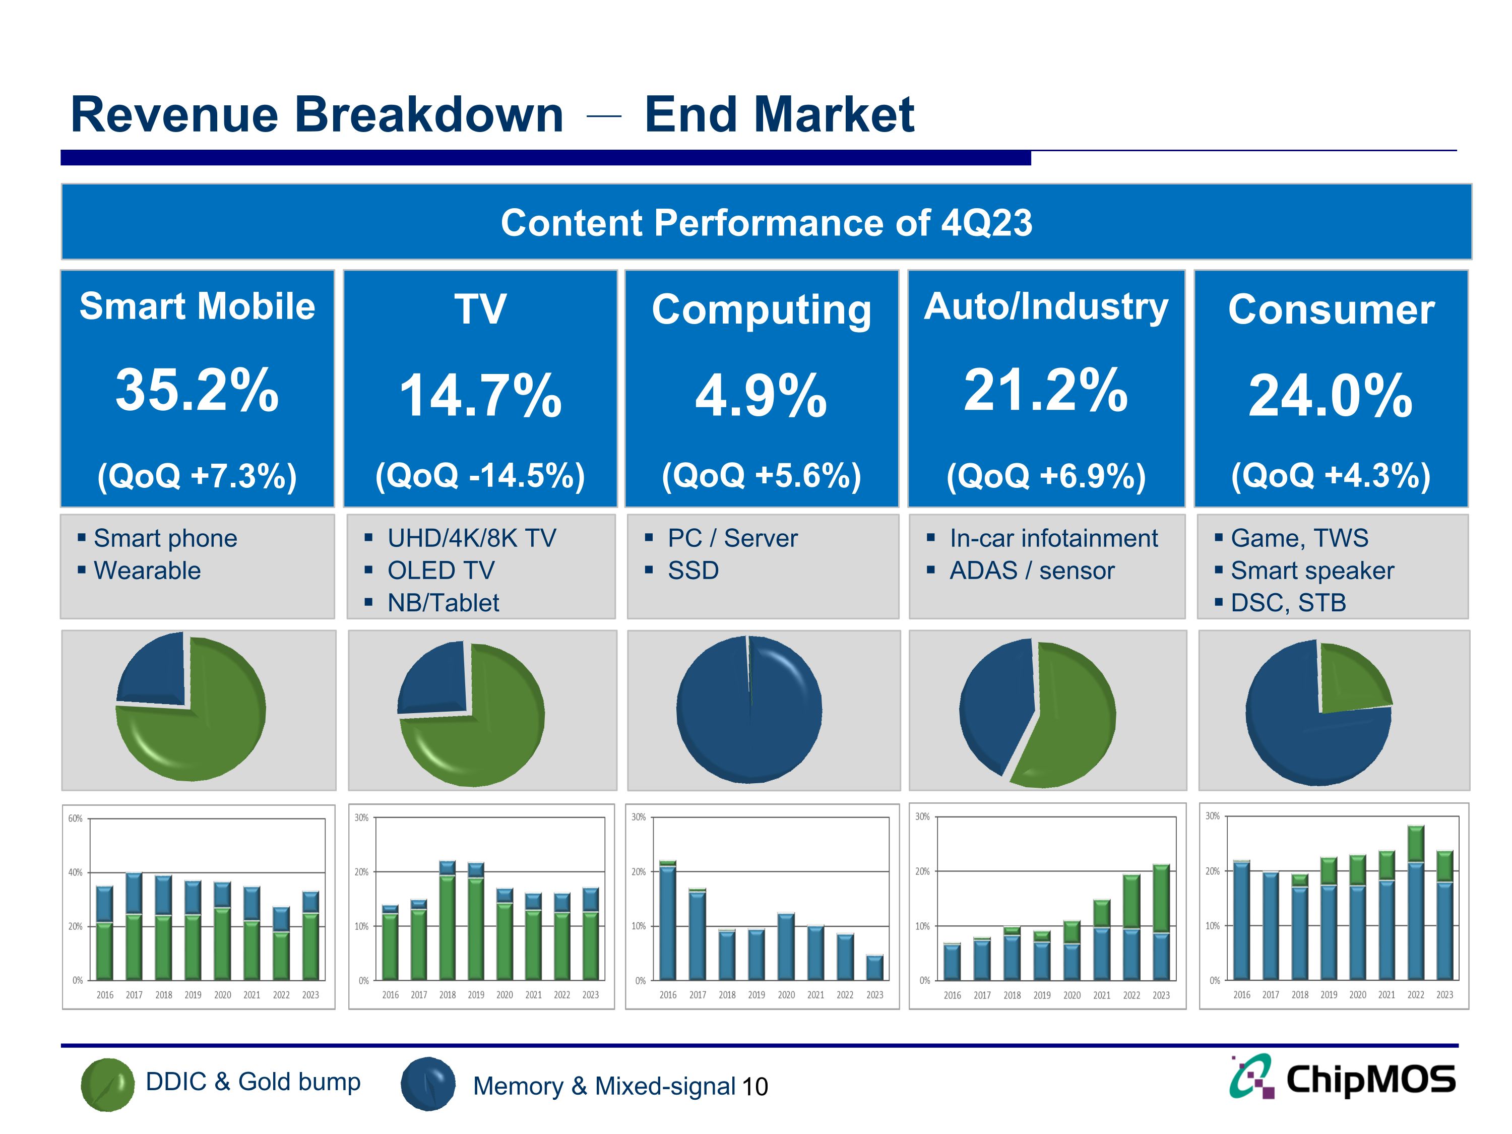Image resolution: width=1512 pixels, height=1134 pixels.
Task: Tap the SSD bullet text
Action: click(692, 570)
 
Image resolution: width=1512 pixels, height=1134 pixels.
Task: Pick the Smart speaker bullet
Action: click(1312, 570)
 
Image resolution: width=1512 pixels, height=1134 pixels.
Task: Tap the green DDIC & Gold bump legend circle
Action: click(107, 1084)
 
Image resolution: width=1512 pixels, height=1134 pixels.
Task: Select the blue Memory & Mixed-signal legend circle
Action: click(428, 1084)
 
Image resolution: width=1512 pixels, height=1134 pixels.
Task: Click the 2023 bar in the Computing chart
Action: click(874, 968)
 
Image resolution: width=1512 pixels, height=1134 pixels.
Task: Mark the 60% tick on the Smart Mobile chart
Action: click(75, 818)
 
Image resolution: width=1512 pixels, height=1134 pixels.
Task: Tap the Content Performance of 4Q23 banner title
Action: click(766, 223)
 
